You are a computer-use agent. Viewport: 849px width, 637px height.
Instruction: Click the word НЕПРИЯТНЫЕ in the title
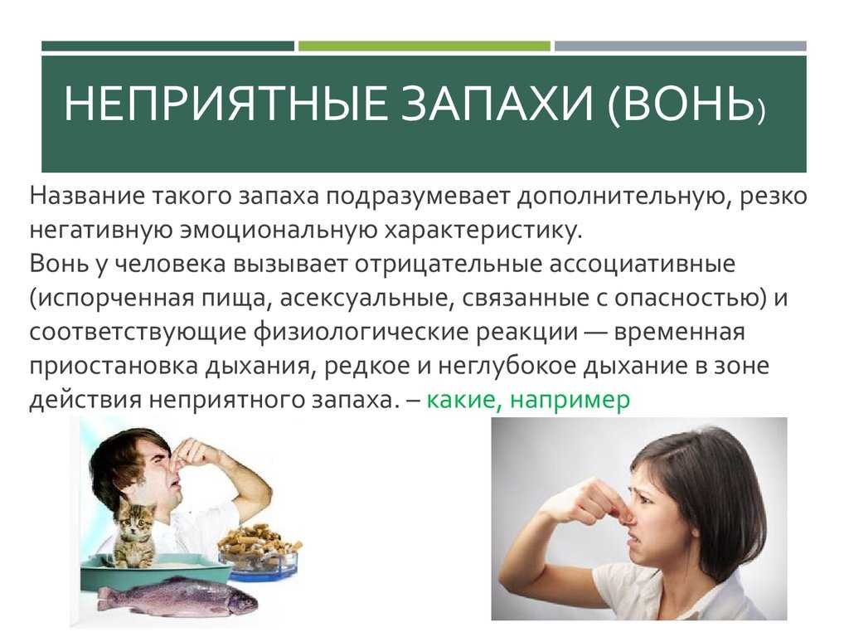[226, 104]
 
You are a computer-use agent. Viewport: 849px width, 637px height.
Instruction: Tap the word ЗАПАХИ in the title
[497, 104]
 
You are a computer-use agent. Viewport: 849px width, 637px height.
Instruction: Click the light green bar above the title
[424, 46]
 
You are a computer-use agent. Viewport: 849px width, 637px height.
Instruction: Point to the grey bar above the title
[680, 46]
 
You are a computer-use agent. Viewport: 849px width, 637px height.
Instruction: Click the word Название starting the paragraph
[86, 196]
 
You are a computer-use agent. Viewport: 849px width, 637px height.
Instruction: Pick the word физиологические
[361, 332]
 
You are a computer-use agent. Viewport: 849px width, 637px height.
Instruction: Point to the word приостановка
[113, 367]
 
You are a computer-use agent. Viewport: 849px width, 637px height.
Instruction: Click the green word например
[570, 401]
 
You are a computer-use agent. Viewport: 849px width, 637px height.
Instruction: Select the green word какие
[461, 401]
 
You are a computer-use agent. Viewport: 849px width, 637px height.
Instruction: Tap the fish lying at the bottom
[179, 596]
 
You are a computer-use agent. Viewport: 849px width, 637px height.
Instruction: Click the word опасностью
[690, 299]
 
